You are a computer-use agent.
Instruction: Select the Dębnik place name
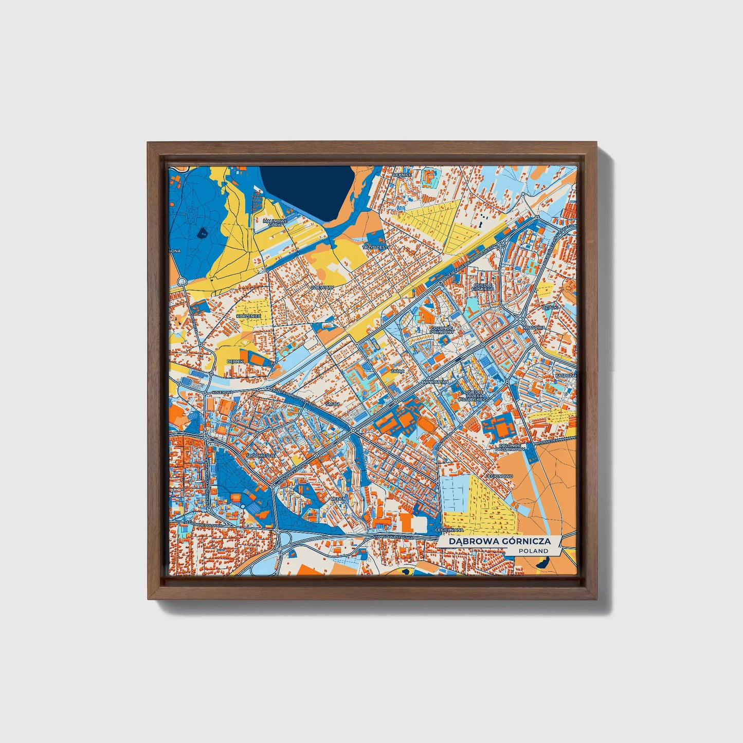coord(235,361)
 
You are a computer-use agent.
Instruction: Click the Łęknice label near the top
coord(402,175)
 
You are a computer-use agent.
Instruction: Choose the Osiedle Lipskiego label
coord(483,286)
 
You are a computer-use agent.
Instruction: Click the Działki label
coord(550,307)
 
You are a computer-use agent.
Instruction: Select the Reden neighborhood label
coord(339,498)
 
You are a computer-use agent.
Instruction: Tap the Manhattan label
coord(435,383)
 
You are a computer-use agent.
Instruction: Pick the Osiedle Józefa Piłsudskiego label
coord(475,395)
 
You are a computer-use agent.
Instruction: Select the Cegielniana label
coord(449,530)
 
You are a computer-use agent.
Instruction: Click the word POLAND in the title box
coord(533,551)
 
